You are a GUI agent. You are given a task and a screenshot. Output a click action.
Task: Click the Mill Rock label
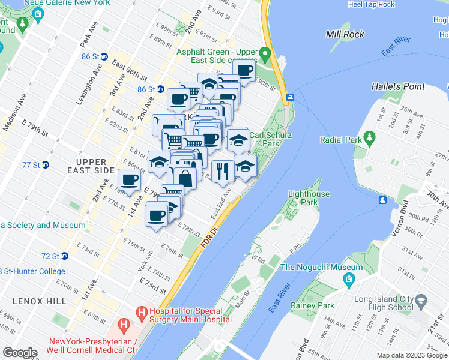[x=345, y=34]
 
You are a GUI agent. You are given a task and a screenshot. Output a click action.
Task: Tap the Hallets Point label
[x=398, y=86]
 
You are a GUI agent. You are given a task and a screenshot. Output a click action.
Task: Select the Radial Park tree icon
[x=370, y=139]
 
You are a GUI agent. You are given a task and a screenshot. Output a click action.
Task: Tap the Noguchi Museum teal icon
[x=349, y=280]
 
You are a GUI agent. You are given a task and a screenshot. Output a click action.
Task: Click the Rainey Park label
[x=316, y=306]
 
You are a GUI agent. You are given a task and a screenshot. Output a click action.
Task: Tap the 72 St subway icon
[x=64, y=256]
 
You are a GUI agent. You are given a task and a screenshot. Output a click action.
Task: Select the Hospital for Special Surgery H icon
[x=142, y=312]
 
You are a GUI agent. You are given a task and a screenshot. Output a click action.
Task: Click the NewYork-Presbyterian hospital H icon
[x=124, y=326]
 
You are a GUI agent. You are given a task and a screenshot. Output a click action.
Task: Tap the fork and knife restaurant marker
[x=223, y=170]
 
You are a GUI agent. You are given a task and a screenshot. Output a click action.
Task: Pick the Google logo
[x=20, y=353]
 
